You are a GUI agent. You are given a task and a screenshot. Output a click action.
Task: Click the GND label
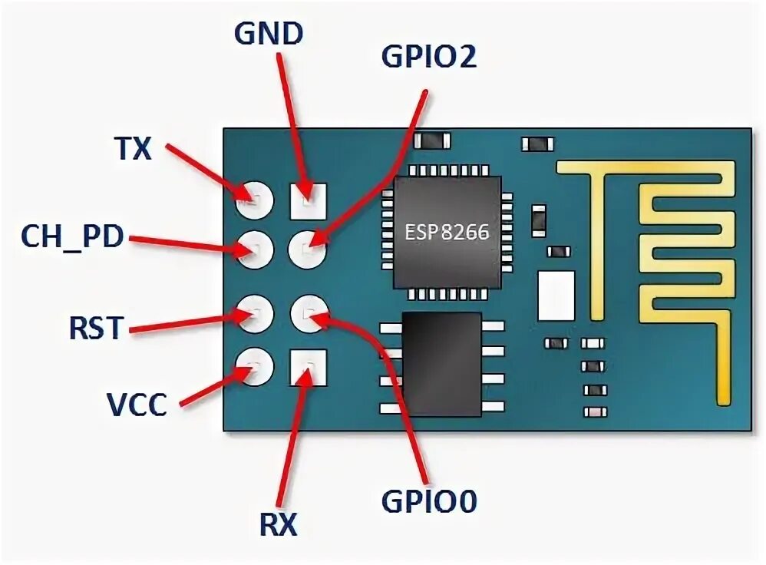[x=268, y=35]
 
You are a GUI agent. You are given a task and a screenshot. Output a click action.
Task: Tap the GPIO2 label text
[x=428, y=58]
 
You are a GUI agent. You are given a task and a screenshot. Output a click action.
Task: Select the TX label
[x=133, y=148]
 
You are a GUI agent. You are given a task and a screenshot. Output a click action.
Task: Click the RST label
[x=95, y=328]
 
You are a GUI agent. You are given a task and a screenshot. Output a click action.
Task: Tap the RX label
[x=277, y=526]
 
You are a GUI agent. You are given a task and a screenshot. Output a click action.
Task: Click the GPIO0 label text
[x=429, y=501]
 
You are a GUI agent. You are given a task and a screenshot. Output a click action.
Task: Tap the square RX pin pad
[x=308, y=366]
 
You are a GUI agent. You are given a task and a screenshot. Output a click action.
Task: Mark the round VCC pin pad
[x=255, y=366]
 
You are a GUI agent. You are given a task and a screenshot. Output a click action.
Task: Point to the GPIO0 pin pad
[x=309, y=313]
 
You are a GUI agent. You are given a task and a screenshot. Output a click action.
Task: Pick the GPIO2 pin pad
[x=309, y=248]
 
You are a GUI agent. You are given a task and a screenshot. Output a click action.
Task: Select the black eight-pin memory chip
[x=442, y=364]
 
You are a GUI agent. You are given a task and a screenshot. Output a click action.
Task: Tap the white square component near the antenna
[x=556, y=296]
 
